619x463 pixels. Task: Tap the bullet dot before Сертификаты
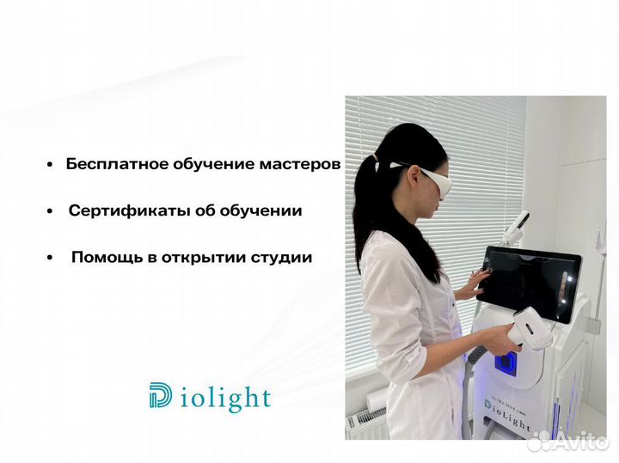pyautogui.click(x=52, y=211)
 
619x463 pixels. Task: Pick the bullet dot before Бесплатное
pyautogui.click(x=52, y=165)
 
